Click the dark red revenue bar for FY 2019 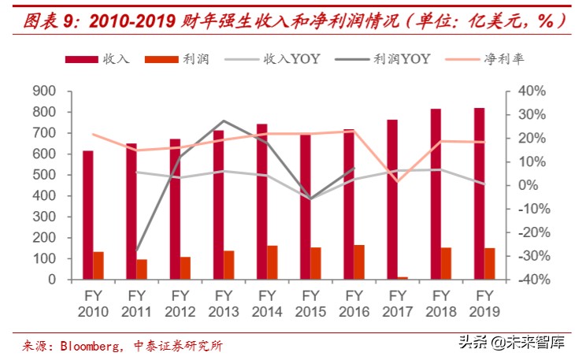(480, 193)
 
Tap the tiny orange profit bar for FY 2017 (402, 277)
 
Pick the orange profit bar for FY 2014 (272, 262)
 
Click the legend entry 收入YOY (272, 59)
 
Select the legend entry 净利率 (488, 59)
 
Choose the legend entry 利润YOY (381, 59)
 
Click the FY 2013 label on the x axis (223, 303)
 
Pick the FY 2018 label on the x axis (440, 303)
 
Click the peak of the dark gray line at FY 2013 (224, 121)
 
